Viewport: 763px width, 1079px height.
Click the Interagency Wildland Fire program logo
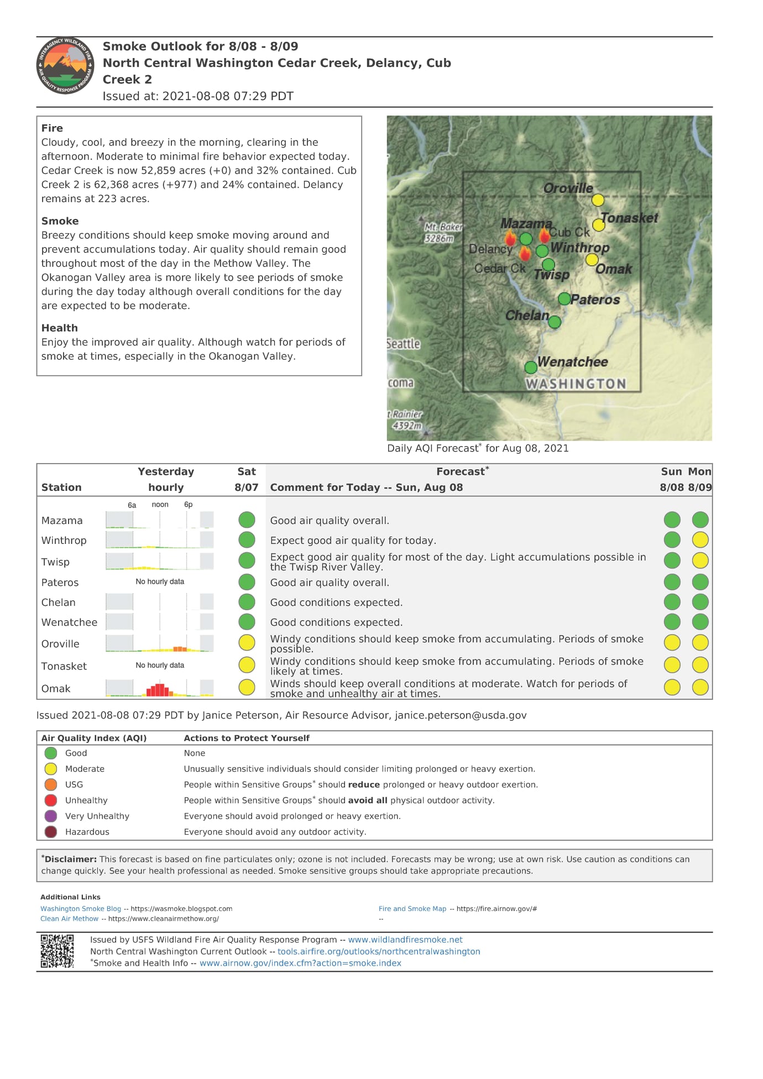[x=65, y=66]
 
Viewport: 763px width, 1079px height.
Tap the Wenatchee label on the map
[x=572, y=362]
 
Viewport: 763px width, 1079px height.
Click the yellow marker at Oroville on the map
[x=598, y=200]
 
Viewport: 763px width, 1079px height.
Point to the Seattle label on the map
[x=403, y=344]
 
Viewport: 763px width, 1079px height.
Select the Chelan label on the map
[x=527, y=316]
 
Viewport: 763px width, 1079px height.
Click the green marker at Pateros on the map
[x=564, y=299]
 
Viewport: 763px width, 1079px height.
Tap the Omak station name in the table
[x=56, y=689]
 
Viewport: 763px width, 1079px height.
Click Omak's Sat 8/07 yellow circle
[x=247, y=687]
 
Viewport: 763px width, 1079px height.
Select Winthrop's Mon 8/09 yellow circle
[x=700, y=539]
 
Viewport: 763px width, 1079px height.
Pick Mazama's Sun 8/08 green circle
[x=672, y=520]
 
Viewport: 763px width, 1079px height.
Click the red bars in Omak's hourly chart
[x=159, y=690]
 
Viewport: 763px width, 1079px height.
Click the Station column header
[x=61, y=488]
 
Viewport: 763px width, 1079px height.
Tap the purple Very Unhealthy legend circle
[x=51, y=816]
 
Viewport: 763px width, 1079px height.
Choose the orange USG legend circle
[x=51, y=784]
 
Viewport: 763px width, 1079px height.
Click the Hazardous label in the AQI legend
[x=87, y=832]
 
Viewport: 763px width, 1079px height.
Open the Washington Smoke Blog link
[x=81, y=909]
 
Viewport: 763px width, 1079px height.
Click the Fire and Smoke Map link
[x=412, y=909]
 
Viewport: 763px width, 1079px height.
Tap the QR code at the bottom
[x=57, y=951]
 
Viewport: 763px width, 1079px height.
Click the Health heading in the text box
[x=60, y=328]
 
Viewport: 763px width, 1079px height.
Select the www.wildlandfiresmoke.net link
[x=405, y=940]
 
